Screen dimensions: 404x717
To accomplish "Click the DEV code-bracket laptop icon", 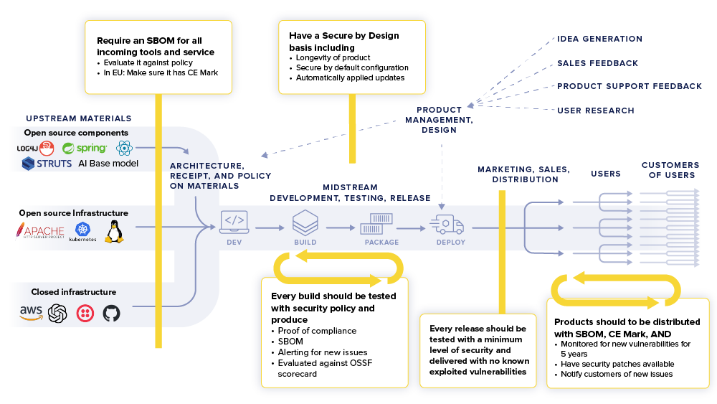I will click(234, 222).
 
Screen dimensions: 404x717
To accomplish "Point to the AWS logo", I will click(31, 313).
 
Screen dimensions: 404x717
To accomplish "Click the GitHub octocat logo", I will click(110, 313).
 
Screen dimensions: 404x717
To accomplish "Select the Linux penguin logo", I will click(114, 231).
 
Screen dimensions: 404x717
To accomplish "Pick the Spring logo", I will click(84, 149).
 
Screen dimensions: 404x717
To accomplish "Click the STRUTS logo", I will click(47, 164).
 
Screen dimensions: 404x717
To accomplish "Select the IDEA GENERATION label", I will click(599, 39).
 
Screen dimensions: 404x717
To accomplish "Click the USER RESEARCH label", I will click(595, 111).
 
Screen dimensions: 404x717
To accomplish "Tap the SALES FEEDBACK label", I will click(597, 63).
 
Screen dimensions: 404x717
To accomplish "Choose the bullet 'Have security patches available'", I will click(617, 364).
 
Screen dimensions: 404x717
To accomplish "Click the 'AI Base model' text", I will click(108, 164).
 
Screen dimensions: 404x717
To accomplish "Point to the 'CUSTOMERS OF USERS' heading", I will click(670, 169).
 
